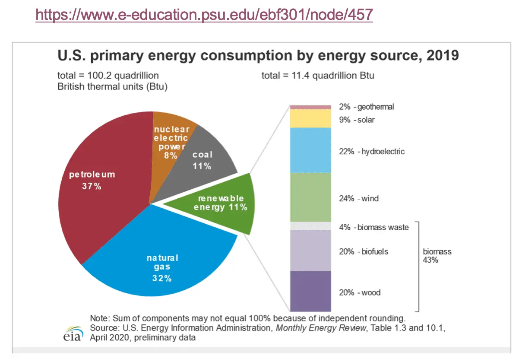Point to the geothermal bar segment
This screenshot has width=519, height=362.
pyautogui.click(x=310, y=107)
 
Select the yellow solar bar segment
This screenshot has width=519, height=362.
pyautogui.click(x=310, y=118)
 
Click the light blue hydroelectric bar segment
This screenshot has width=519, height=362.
pyautogui.click(x=310, y=150)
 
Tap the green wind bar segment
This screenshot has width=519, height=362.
pyautogui.click(x=310, y=197)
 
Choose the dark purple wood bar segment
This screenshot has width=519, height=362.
pyautogui.click(x=310, y=291)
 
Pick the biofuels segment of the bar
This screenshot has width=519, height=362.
pyautogui.click(x=310, y=251)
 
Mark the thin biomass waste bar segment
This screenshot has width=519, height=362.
pyautogui.click(x=310, y=226)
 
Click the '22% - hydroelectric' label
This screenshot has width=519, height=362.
pyautogui.click(x=372, y=152)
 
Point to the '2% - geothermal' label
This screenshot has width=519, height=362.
pyautogui.click(x=367, y=107)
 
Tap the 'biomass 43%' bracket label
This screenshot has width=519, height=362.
pyautogui.click(x=437, y=256)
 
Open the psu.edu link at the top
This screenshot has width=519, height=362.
pyautogui.click(x=204, y=15)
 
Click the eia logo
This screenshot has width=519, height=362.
pyautogui.click(x=72, y=333)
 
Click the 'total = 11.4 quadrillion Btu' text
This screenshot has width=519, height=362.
pyautogui.click(x=318, y=76)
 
